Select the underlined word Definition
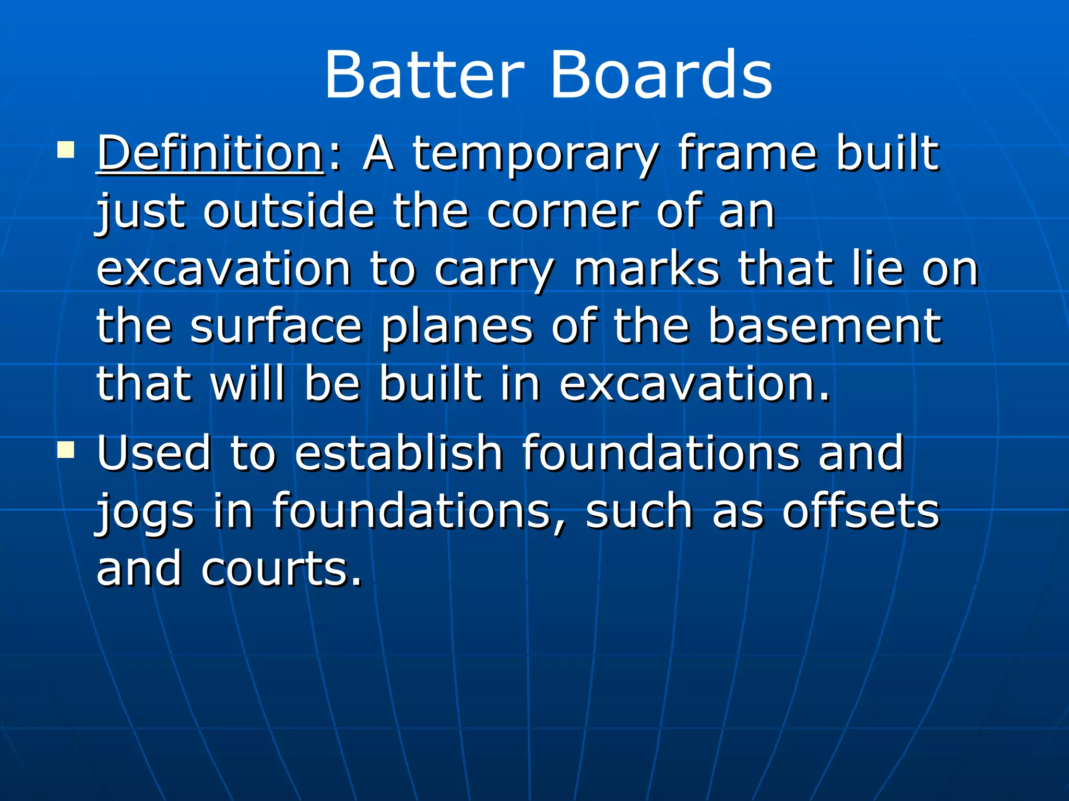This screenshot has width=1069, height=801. click(210, 153)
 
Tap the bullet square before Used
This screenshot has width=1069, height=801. click(66, 449)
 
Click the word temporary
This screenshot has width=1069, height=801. click(536, 154)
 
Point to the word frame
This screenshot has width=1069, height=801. click(747, 153)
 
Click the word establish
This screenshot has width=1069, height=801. click(398, 453)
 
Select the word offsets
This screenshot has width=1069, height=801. click(861, 511)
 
